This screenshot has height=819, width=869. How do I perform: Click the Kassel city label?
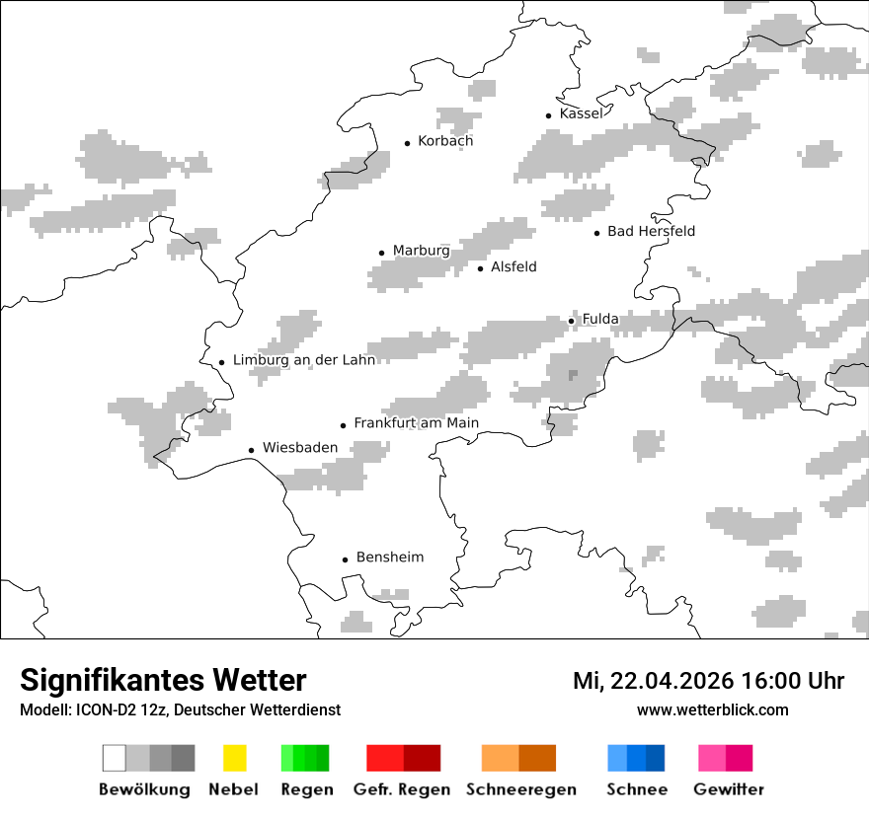[x=581, y=113]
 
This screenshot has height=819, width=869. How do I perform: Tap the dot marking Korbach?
[x=407, y=143]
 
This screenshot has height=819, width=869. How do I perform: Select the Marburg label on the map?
[x=421, y=251]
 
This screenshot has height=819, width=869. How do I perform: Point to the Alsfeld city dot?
[x=481, y=268]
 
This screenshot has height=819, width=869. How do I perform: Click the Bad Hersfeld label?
[x=651, y=231]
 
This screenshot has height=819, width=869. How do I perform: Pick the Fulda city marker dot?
[x=571, y=321]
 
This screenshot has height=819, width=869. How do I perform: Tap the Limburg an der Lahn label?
[x=304, y=360]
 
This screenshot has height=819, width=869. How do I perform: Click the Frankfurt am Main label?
[x=416, y=423]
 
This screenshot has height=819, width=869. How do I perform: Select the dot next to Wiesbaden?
[x=252, y=450]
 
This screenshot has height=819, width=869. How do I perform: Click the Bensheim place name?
[x=389, y=558]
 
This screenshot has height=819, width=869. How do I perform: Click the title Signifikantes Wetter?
[x=163, y=680]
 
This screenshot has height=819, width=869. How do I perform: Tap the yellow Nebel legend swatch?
[x=234, y=758]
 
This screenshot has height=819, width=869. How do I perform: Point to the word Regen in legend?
[x=305, y=789]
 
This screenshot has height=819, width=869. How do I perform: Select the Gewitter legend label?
[x=728, y=789]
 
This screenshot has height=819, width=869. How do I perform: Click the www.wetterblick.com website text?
[x=712, y=709]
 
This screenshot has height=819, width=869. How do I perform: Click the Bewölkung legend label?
[x=144, y=789]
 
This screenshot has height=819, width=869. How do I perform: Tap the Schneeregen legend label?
[x=520, y=789]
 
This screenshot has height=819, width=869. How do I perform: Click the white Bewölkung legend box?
[x=115, y=758]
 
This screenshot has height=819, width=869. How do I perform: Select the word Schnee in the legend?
[x=637, y=789]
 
